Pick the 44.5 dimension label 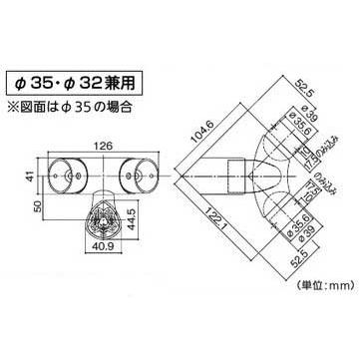point(147,210)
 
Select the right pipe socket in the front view point(138,173)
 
